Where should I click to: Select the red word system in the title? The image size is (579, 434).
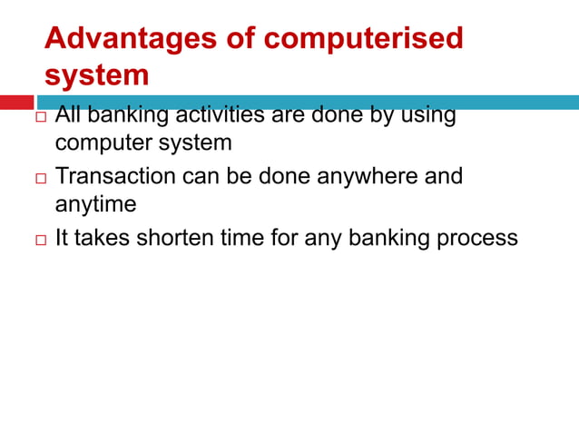pos(97,75)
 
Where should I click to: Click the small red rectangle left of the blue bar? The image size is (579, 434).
pos(16,103)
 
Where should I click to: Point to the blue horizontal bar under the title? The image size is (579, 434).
pos(309,103)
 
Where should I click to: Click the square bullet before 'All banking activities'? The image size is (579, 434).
pos(40,119)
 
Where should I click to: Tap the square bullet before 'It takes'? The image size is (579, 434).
pos(40,240)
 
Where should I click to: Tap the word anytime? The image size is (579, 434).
pos(95,205)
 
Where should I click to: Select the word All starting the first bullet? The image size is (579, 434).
pos(68,116)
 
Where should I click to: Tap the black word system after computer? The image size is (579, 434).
pos(193,143)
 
